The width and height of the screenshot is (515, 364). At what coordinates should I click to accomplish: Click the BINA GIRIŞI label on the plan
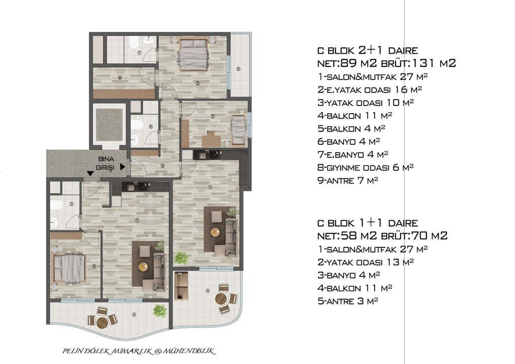pyautogui.click(x=106, y=163)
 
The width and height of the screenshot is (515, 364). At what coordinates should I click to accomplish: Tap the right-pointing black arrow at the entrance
pyautogui.click(x=123, y=167)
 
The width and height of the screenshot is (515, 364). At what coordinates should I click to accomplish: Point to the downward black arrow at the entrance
pyautogui.click(x=90, y=173)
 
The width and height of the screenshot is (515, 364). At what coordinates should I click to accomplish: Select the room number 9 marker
pyautogui.click(x=162, y=166)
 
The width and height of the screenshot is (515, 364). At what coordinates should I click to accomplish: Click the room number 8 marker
pyautogui.click(x=120, y=78)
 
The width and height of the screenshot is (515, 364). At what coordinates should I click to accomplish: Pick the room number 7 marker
pyautogui.click(x=139, y=52)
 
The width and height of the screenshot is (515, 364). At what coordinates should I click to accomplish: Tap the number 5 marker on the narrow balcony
pyautogui.click(x=238, y=68)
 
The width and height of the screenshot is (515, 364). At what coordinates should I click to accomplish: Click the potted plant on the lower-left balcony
pyautogui.click(x=159, y=311)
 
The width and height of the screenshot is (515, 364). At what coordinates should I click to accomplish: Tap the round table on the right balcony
pyautogui.click(x=221, y=299)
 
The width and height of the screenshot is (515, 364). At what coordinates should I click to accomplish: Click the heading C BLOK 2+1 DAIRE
pyautogui.click(x=368, y=50)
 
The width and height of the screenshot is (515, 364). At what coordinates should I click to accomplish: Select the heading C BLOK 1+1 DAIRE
pyautogui.click(x=368, y=223)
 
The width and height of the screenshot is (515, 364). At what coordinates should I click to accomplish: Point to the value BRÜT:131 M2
pyautogui.click(x=418, y=63)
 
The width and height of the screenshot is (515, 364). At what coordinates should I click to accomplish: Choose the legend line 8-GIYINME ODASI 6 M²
pyautogui.click(x=365, y=167)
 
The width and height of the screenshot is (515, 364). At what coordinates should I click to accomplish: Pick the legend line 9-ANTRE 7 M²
pyautogui.click(x=348, y=180)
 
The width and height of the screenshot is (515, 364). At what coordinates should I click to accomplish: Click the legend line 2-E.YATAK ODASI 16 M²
pyautogui.click(x=370, y=89)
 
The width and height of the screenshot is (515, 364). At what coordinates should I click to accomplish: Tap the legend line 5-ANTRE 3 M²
pyautogui.click(x=348, y=301)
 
